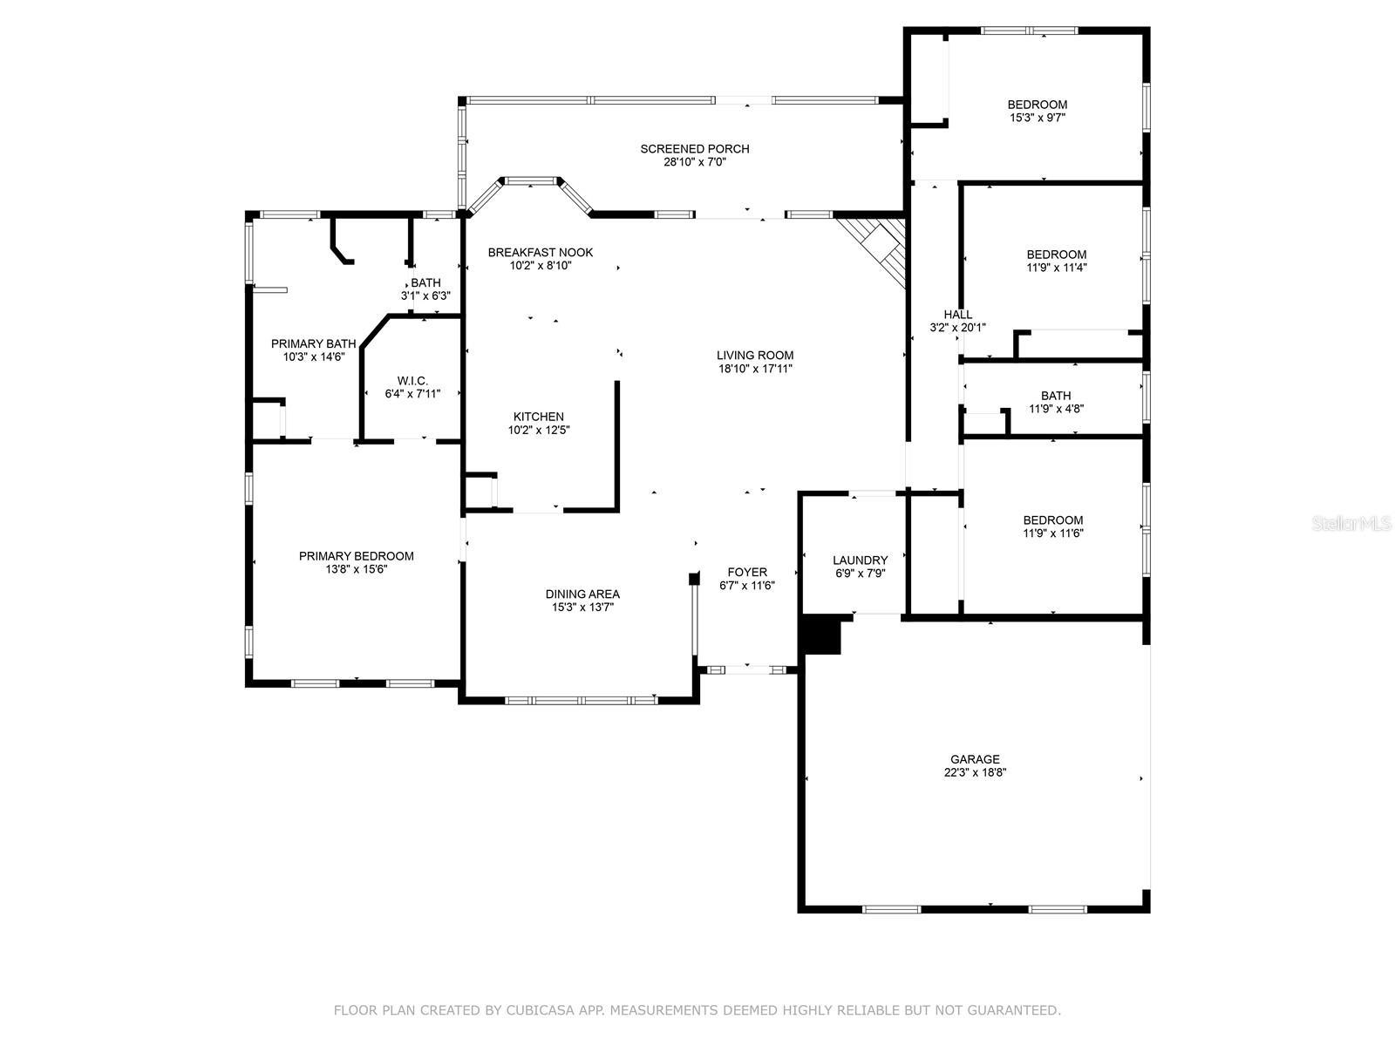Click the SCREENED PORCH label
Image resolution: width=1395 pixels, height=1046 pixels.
[694, 148]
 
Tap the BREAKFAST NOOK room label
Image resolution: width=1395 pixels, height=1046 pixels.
[541, 252]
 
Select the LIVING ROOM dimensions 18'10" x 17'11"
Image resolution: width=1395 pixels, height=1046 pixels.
[755, 369]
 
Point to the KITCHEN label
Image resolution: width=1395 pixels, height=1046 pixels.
[538, 417]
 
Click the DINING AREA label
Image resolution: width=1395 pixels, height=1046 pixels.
[582, 594]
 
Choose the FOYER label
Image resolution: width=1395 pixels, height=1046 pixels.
[747, 572]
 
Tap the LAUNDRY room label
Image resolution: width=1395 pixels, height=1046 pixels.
[860, 560]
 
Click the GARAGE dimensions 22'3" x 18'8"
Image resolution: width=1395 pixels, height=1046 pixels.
[975, 772]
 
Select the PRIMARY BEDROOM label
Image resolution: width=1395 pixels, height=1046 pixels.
[356, 556]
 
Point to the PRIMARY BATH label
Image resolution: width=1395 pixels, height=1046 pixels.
[313, 343]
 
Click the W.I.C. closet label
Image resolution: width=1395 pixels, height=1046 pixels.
[412, 380]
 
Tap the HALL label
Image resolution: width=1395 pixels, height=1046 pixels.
[957, 315]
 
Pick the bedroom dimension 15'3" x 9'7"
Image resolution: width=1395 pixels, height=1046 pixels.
[1038, 118]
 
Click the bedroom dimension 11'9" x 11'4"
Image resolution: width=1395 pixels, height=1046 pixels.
[1056, 268]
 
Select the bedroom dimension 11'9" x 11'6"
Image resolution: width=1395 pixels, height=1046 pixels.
[1053, 533]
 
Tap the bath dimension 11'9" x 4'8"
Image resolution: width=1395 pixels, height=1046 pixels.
[1056, 408]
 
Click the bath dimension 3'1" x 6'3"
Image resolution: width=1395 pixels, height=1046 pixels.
[425, 295]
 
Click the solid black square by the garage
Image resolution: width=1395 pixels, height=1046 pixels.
[822, 635]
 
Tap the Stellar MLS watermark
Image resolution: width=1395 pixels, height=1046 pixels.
[1351, 523]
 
